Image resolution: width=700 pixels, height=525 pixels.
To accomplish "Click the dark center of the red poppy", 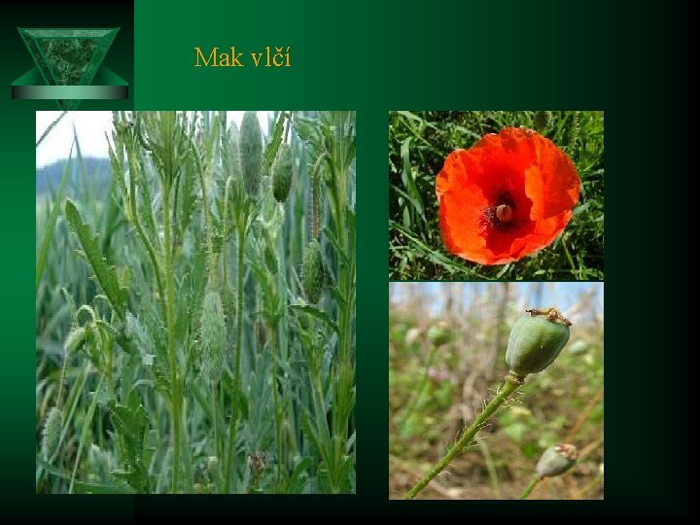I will [503, 212].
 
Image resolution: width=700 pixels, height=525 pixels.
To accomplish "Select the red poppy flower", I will [507, 195].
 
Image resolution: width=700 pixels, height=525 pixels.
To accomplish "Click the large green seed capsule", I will [536, 343].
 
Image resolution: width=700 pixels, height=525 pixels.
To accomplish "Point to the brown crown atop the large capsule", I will [549, 315].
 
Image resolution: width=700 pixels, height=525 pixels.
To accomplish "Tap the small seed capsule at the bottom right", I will [556, 460].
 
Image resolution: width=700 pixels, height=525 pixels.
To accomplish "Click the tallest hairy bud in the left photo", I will [251, 152].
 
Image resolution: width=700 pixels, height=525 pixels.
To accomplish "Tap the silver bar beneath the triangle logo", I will [69, 92].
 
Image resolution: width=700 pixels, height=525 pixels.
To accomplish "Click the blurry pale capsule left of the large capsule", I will [439, 335].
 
